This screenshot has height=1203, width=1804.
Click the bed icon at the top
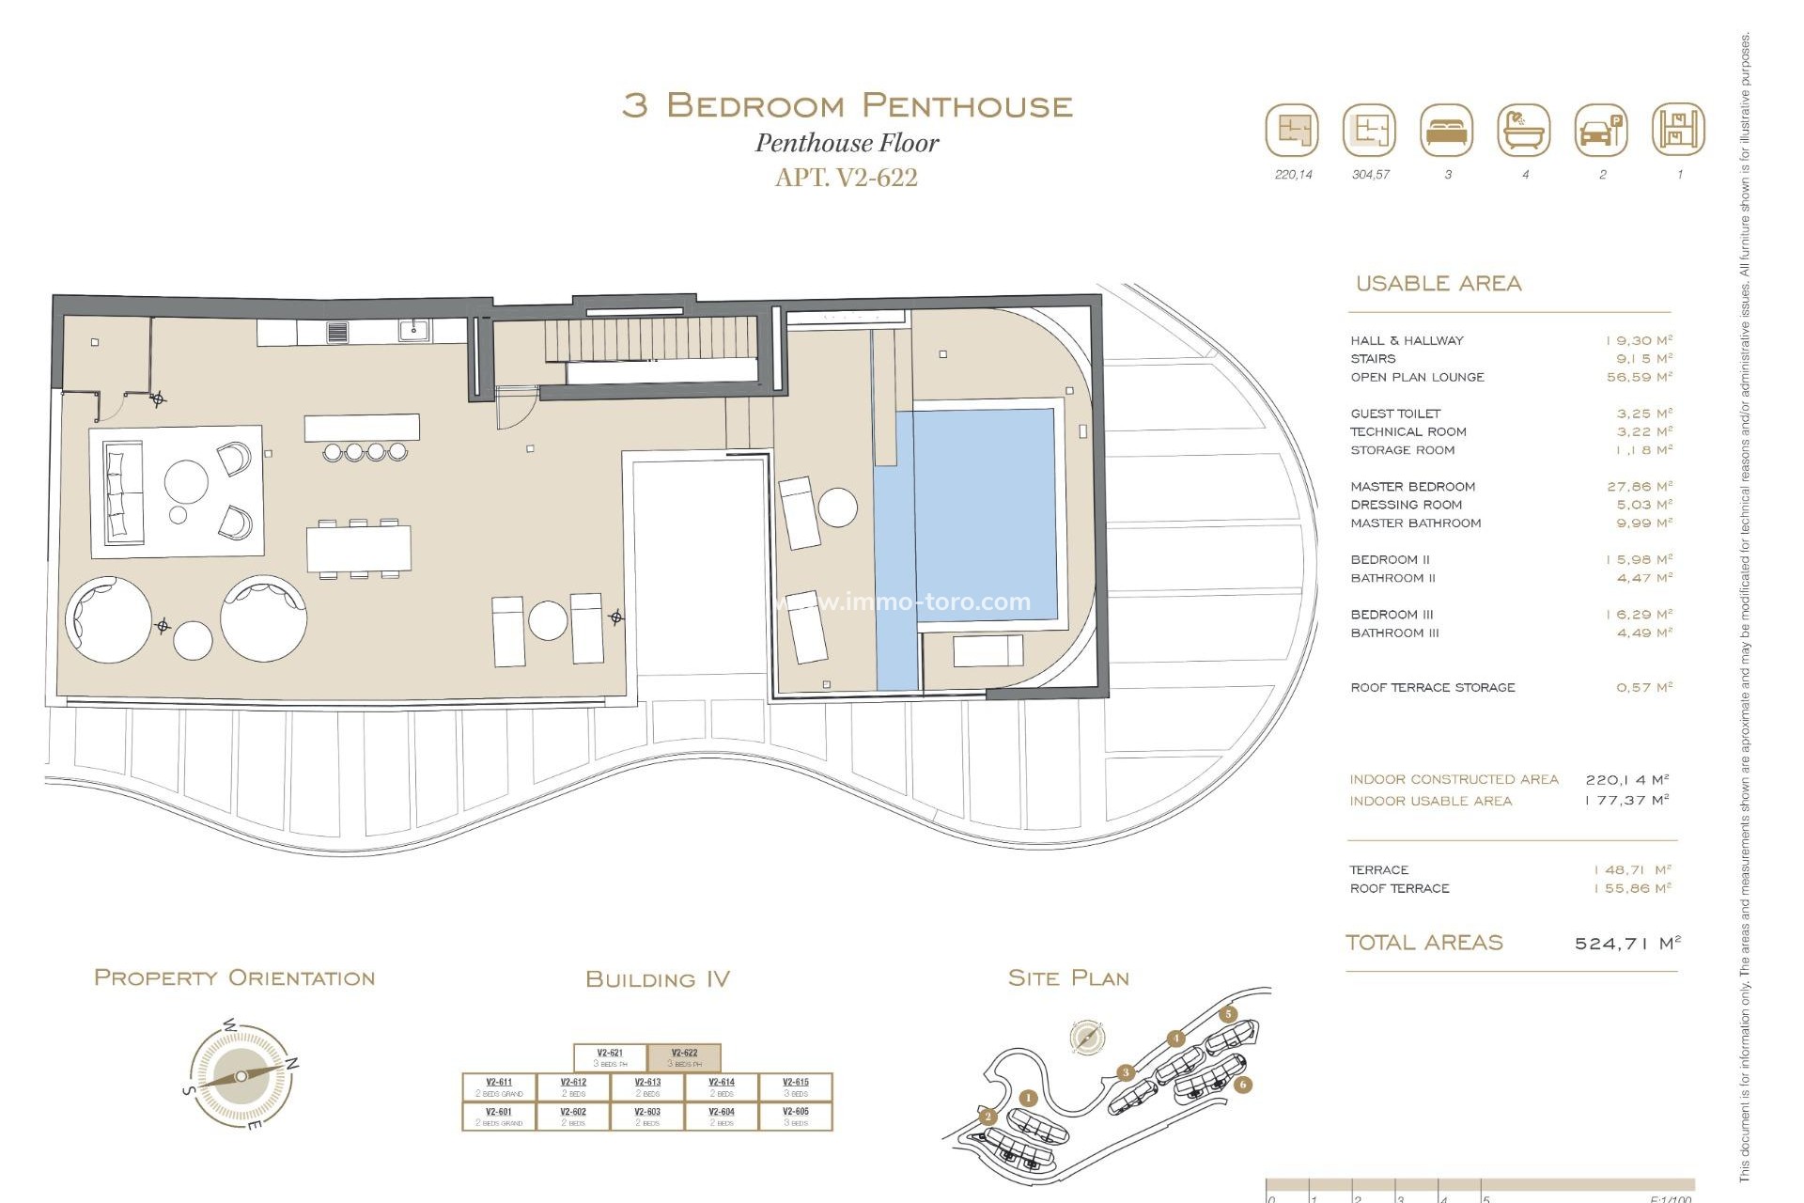tap(1447, 131)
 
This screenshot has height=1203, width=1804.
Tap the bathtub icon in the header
tap(1523, 131)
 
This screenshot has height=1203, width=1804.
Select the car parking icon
tap(1600, 131)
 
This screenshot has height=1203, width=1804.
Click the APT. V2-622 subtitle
tap(846, 178)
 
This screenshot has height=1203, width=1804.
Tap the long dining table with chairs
tap(358, 548)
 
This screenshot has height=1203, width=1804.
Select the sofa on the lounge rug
tap(124, 492)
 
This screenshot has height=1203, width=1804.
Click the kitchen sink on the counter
tap(412, 330)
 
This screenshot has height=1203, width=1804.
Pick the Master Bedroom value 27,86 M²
tap(1639, 487)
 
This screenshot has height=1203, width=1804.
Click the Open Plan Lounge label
tap(1417, 377)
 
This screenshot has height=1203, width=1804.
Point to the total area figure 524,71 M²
tap(1626, 943)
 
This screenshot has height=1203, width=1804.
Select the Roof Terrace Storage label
tap(1432, 688)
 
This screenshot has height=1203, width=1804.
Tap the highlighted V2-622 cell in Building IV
tap(684, 1057)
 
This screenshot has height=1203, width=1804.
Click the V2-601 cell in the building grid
tap(499, 1116)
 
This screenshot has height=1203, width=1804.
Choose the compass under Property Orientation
tap(241, 1076)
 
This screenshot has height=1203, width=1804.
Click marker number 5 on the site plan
tap(1228, 1014)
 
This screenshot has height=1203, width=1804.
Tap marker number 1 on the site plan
tap(1028, 1098)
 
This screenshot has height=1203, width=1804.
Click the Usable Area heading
tap(1438, 284)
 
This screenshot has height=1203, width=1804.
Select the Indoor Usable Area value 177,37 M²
tap(1625, 801)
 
